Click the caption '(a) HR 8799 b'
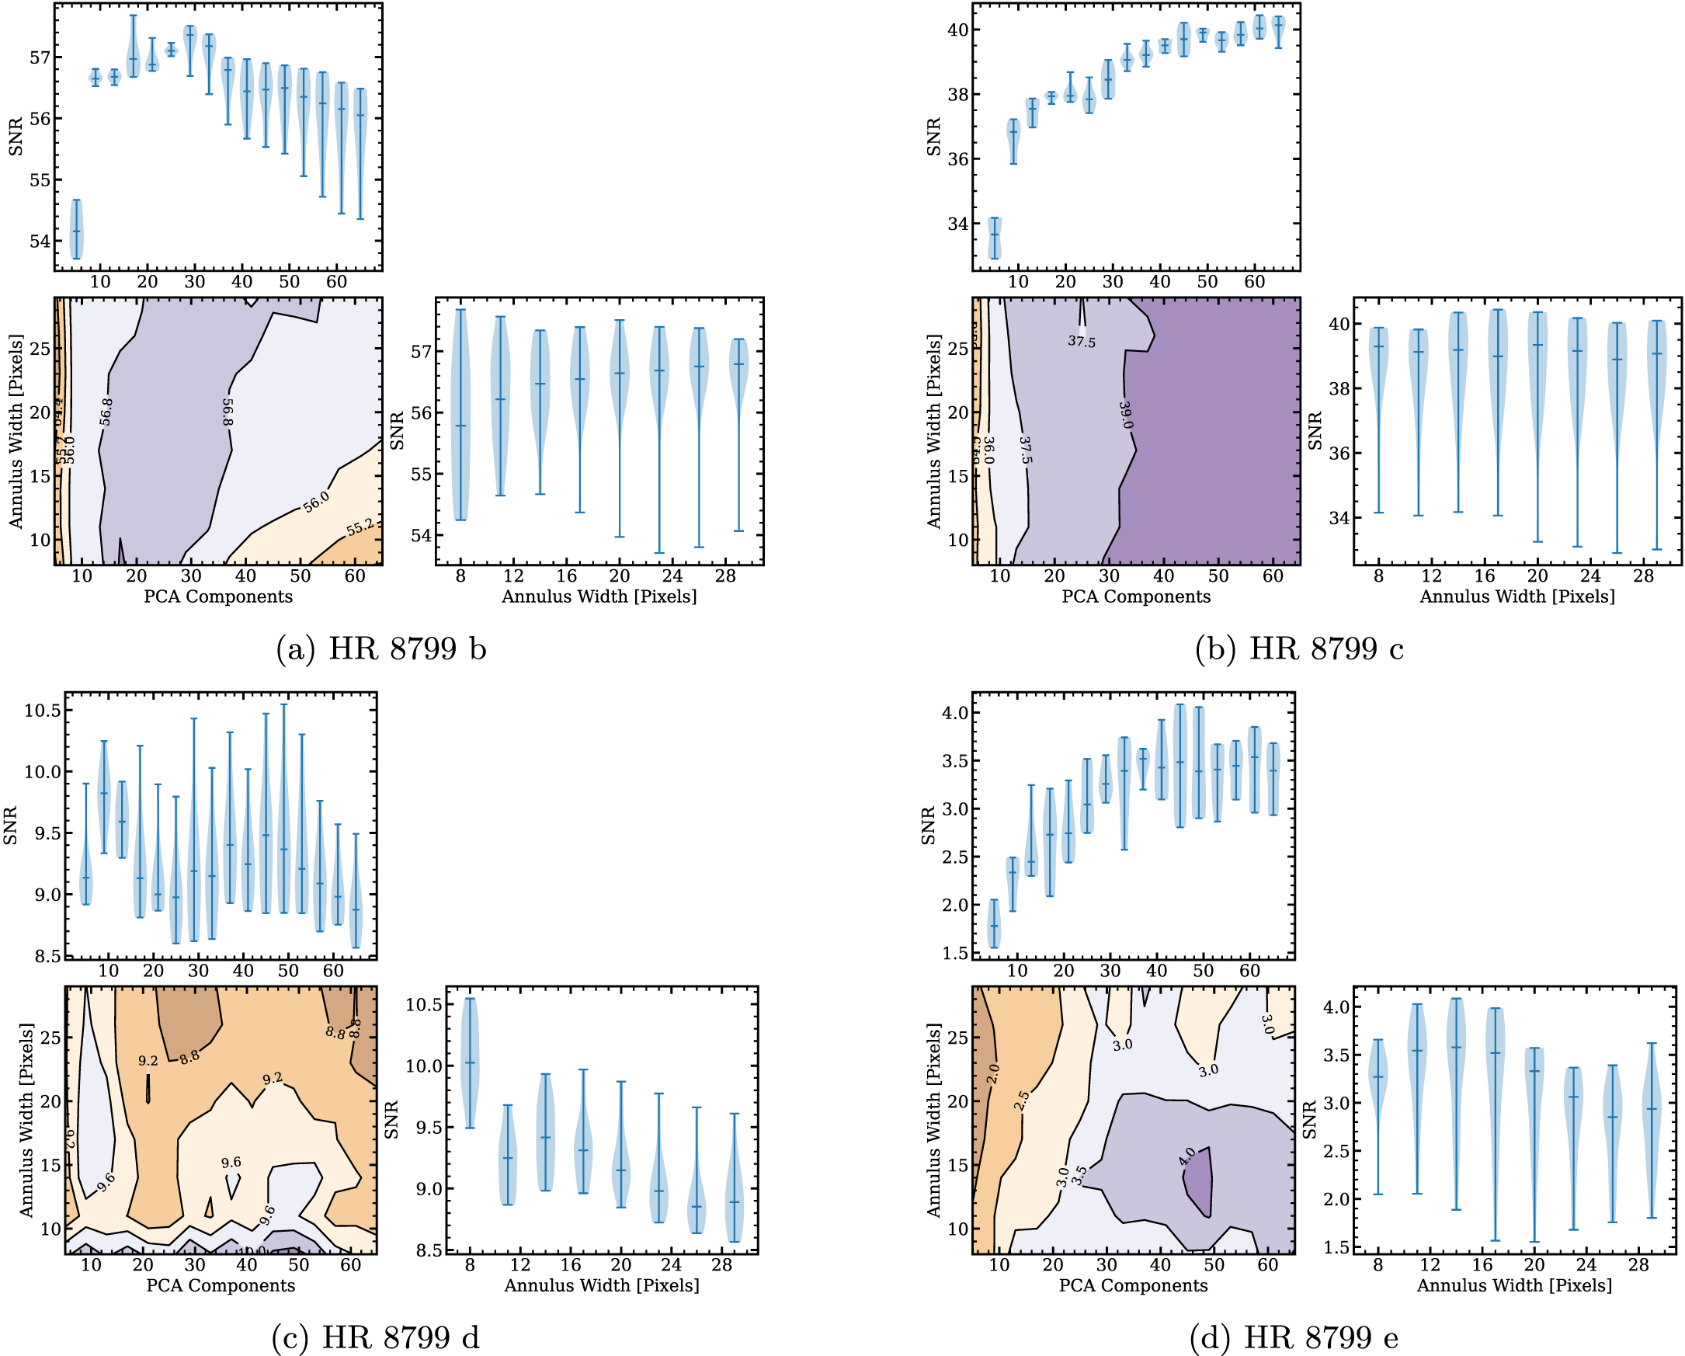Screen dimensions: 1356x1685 pyautogui.click(x=381, y=649)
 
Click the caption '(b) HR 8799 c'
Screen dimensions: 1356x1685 pyautogui.click(x=1300, y=649)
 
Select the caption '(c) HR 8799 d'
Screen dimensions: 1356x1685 pyautogui.click(x=375, y=1337)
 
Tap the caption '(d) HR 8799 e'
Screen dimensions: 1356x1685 pyautogui.click(x=1294, y=1337)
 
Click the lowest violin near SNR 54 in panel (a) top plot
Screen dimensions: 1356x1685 pyautogui.click(x=77, y=230)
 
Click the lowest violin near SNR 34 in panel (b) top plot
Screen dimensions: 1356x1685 pyautogui.click(x=994, y=238)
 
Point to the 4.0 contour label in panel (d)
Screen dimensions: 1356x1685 pyautogui.click(x=1186, y=1156)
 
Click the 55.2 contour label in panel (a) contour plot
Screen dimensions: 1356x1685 pyautogui.click(x=360, y=527)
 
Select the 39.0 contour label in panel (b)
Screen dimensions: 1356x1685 pyautogui.click(x=1125, y=415)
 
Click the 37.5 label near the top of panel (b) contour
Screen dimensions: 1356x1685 pyautogui.click(x=1082, y=342)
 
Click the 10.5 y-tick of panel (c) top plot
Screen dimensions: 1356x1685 pyautogui.click(x=42, y=711)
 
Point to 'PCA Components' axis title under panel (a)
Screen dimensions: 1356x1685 pyautogui.click(x=218, y=597)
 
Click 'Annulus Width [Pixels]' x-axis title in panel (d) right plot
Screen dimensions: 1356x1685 pyautogui.click(x=1515, y=1285)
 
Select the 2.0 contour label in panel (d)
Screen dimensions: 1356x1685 pyautogui.click(x=992, y=1073)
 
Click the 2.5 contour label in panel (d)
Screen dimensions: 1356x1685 pyautogui.click(x=1021, y=1101)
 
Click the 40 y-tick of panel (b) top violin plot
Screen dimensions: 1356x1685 pyautogui.click(x=958, y=30)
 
